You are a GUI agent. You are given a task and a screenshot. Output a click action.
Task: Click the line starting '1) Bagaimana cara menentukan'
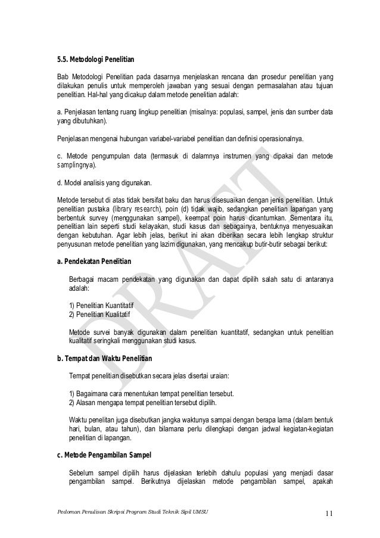pos(151,394)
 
